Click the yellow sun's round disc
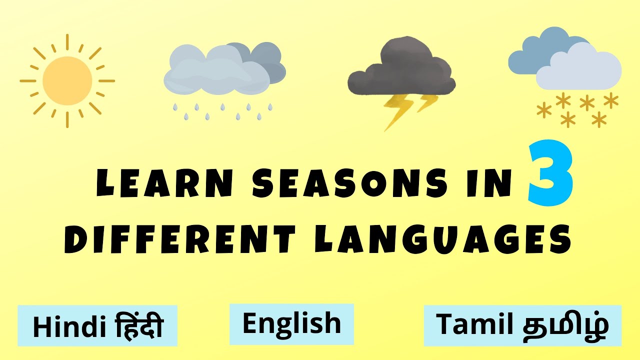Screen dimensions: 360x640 point(67,80)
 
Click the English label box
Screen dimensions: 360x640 point(291,323)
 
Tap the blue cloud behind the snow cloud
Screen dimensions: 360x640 point(535,50)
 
